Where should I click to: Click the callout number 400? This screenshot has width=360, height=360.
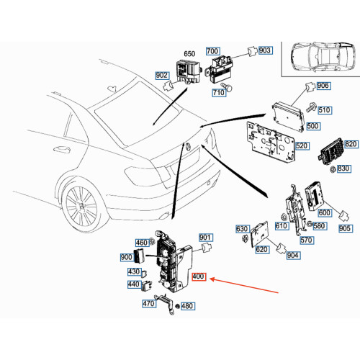point(199,276)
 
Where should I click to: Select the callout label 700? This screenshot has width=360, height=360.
point(212,51)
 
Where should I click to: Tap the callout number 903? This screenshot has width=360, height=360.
point(265,50)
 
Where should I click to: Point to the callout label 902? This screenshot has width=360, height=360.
point(161,74)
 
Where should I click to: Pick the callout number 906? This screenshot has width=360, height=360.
point(323,87)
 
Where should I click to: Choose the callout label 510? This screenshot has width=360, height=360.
point(323,110)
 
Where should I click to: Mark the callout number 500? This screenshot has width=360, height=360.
point(312,126)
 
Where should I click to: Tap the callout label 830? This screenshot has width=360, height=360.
point(344,168)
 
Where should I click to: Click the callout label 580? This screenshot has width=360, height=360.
point(319,227)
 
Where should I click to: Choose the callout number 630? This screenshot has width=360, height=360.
point(243,229)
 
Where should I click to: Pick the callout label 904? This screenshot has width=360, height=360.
point(292,255)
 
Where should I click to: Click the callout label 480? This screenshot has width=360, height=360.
point(187,306)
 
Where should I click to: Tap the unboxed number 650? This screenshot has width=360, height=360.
point(189,54)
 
